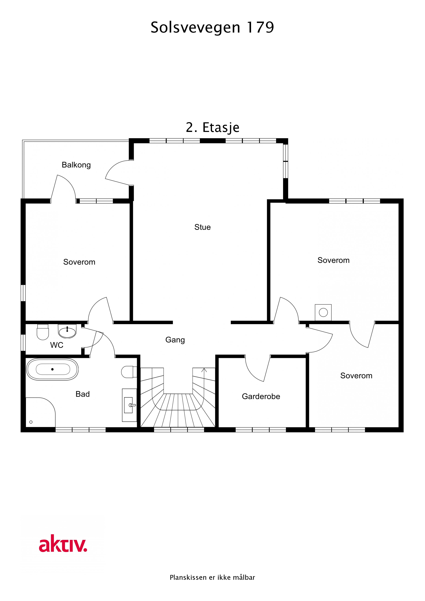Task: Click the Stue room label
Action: [x=202, y=227]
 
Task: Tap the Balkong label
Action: [x=76, y=165]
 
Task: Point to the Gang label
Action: [x=175, y=340]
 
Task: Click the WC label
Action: [x=57, y=345]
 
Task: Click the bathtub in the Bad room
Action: [x=52, y=369]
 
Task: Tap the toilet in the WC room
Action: [x=43, y=332]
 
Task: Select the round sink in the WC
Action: [x=67, y=332]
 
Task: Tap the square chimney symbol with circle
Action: [x=323, y=312]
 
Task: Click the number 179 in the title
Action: [x=260, y=27]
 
